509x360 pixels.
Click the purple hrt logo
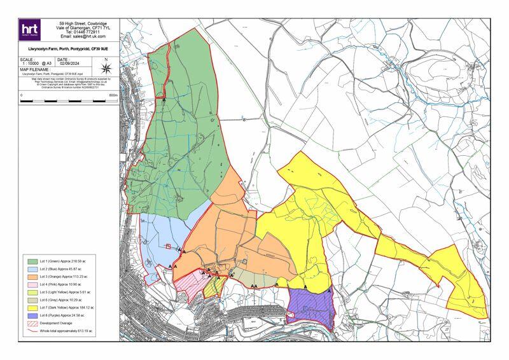click(x=30, y=30)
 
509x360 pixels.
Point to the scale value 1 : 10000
click(x=32, y=64)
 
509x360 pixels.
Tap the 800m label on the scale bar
click(x=113, y=95)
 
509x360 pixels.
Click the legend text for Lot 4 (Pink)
click(x=61, y=285)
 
